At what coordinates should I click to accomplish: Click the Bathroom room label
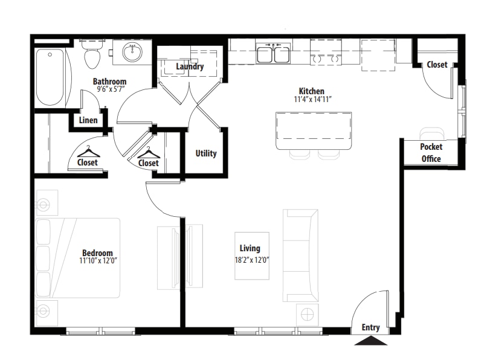click(110, 82)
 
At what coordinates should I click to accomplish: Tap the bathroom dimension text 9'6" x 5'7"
click(111, 89)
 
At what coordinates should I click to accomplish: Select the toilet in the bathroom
click(92, 54)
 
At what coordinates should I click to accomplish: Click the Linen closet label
click(88, 120)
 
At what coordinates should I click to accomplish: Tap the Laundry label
click(190, 66)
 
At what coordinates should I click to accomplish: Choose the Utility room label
click(206, 153)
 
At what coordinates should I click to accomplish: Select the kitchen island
click(314, 130)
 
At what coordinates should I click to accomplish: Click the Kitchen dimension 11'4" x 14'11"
click(312, 100)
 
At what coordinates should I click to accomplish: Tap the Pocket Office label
click(431, 153)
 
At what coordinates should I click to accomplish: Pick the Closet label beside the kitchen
click(437, 65)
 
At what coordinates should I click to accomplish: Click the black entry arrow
click(371, 341)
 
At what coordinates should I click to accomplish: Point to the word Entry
click(370, 327)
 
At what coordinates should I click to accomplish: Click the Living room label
click(250, 248)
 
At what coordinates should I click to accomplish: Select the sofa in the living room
click(301, 256)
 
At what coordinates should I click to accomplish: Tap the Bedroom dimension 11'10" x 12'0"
click(98, 260)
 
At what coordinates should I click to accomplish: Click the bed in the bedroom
click(78, 258)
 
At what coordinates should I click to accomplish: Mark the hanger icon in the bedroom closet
click(89, 152)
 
